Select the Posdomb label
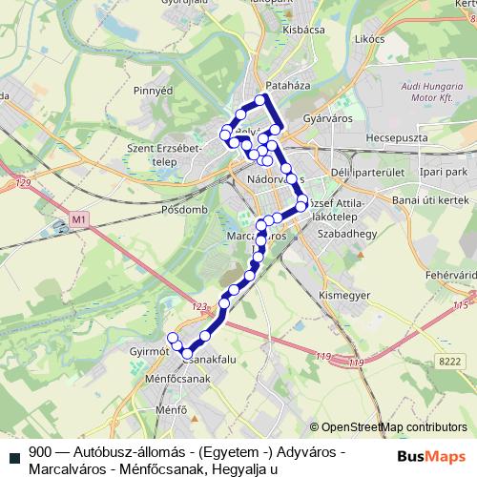coord(184,208)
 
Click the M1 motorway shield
coord(78,221)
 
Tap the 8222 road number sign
coord(447,359)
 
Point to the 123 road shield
coord(198,307)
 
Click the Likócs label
coord(367,39)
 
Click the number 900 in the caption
coord(40,451)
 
